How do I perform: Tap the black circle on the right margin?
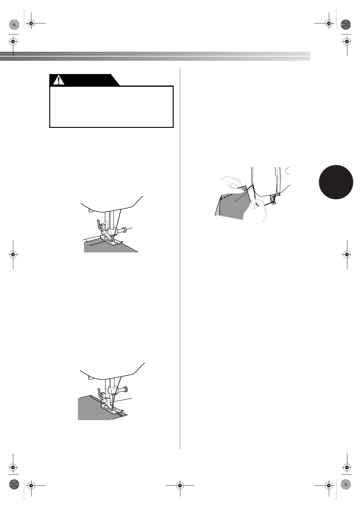(336, 182)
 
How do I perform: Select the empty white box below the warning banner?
(111, 106)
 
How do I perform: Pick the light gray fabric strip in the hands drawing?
(218, 205)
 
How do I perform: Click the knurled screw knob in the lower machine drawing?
(125, 389)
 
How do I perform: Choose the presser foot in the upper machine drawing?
(113, 241)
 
